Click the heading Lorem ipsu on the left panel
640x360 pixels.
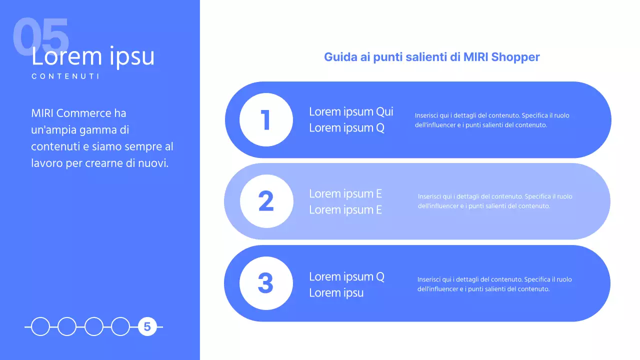click(x=93, y=56)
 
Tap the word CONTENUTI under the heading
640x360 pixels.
click(x=65, y=76)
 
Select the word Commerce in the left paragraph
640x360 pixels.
click(x=84, y=113)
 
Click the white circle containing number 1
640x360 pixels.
click(x=266, y=119)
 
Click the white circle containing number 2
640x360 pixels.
click(x=266, y=201)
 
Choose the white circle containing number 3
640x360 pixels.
click(x=266, y=283)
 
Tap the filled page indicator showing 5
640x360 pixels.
click(x=147, y=327)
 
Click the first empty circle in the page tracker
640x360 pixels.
click(x=40, y=327)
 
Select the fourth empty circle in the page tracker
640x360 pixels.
click(x=120, y=327)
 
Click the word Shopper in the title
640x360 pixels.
click(x=515, y=57)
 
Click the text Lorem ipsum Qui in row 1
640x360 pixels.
click(x=351, y=111)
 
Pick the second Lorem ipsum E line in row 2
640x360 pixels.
click(x=345, y=210)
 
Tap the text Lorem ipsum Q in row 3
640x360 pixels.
click(x=346, y=276)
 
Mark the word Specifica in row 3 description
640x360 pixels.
click(x=538, y=279)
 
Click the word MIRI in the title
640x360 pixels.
click(x=475, y=57)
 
